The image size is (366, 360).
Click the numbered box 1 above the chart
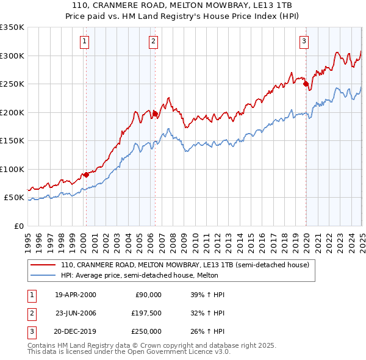[84, 41]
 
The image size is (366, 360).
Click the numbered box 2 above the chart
[152, 41]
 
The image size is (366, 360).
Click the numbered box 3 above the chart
[304, 41]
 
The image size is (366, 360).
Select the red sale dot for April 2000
[86, 175]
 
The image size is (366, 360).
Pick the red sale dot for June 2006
[155, 113]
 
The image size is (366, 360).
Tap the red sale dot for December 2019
[306, 84]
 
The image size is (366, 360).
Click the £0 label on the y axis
[18, 226]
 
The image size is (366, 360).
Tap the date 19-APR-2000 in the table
[76, 295]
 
